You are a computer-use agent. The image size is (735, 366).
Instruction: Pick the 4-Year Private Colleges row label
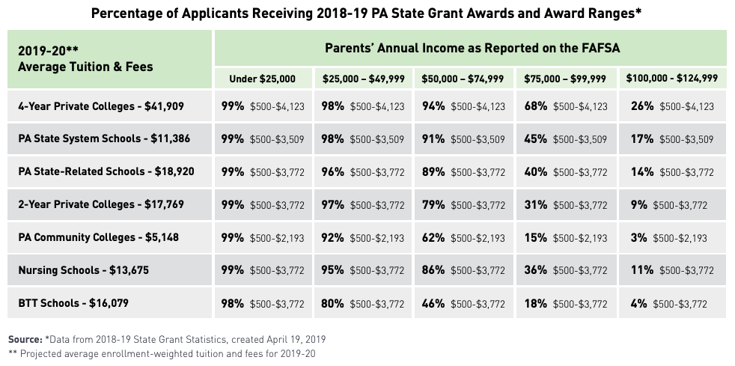pos(101,106)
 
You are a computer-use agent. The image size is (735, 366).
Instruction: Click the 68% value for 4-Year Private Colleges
pos(535,106)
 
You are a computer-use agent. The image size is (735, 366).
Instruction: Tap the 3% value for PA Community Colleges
pos(638,238)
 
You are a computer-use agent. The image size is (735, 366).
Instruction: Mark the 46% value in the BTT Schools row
pos(433,304)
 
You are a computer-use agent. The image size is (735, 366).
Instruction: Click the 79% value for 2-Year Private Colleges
pos(433,205)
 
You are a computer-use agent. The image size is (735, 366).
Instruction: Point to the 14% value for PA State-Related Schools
pos(641,172)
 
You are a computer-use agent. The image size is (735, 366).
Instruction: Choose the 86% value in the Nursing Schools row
pos(433,271)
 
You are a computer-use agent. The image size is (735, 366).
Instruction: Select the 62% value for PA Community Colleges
pos(433,238)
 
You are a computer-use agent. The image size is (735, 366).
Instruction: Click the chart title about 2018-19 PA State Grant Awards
pos(367,13)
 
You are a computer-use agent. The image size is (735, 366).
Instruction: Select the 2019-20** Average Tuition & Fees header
pos(85,59)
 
